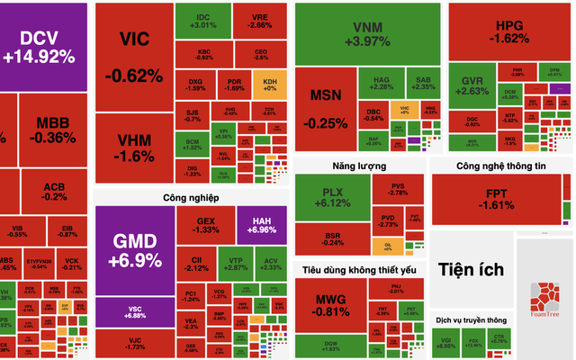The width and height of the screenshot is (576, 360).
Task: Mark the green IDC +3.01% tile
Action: point(202,22)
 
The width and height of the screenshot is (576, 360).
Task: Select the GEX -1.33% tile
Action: point(205,224)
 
